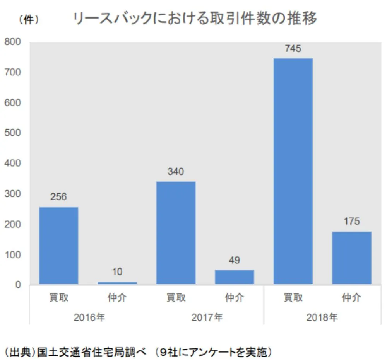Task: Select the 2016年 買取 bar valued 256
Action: [59, 246]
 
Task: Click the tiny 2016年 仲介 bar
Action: [117, 283]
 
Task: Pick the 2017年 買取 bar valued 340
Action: [176, 233]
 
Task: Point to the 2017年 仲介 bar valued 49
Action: [235, 277]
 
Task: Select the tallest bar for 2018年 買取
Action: [293, 171]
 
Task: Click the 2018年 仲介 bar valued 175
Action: [351, 258]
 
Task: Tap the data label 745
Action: [293, 49]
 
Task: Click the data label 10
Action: [117, 272]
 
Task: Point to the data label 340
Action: [176, 171]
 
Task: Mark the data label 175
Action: [351, 222]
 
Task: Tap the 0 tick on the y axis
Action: [18, 285]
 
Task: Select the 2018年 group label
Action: [322, 317]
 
